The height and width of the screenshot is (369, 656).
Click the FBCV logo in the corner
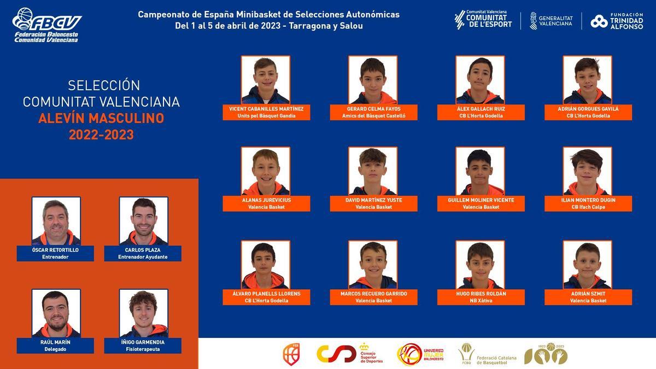(46, 25)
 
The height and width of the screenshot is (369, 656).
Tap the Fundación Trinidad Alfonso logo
(616, 21)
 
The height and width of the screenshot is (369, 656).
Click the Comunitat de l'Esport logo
(483, 20)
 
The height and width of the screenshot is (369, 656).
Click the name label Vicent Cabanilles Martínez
(266, 109)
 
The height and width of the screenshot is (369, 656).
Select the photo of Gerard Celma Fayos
(373, 80)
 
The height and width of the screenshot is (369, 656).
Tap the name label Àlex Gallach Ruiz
(480, 109)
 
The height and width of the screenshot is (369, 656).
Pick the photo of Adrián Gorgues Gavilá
(587, 80)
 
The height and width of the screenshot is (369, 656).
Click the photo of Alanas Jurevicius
(266, 171)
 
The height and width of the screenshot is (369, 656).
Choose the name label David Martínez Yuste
(373, 200)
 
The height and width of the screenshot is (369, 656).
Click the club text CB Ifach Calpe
(588, 207)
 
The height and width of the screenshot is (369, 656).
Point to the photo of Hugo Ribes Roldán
(480, 265)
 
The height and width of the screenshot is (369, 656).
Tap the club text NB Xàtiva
(481, 301)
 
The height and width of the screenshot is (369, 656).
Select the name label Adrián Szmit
(588, 294)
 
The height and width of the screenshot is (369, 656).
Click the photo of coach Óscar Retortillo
(56, 221)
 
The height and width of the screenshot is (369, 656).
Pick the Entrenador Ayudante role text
(143, 257)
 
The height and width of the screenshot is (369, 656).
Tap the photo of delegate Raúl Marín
(56, 313)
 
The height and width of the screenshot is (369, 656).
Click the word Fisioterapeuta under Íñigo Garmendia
(143, 349)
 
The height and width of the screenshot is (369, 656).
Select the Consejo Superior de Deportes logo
(350, 354)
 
